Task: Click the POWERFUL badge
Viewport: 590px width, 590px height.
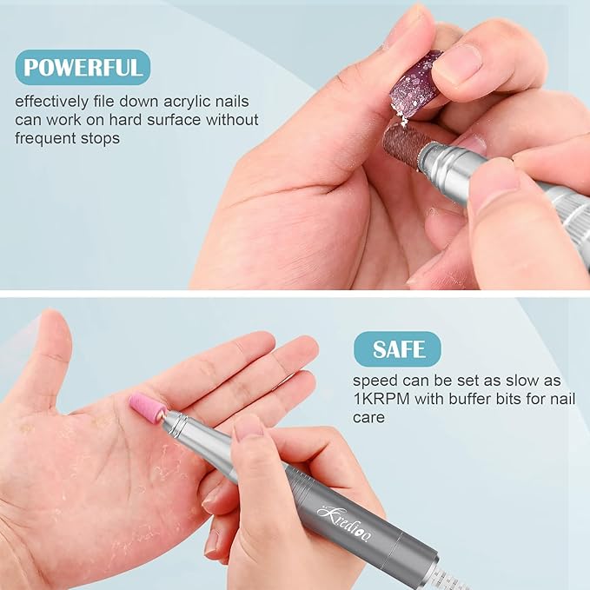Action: [82, 68]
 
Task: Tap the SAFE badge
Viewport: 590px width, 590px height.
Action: [398, 349]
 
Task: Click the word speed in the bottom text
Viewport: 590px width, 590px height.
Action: [375, 381]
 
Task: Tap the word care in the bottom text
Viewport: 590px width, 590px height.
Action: [369, 417]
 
